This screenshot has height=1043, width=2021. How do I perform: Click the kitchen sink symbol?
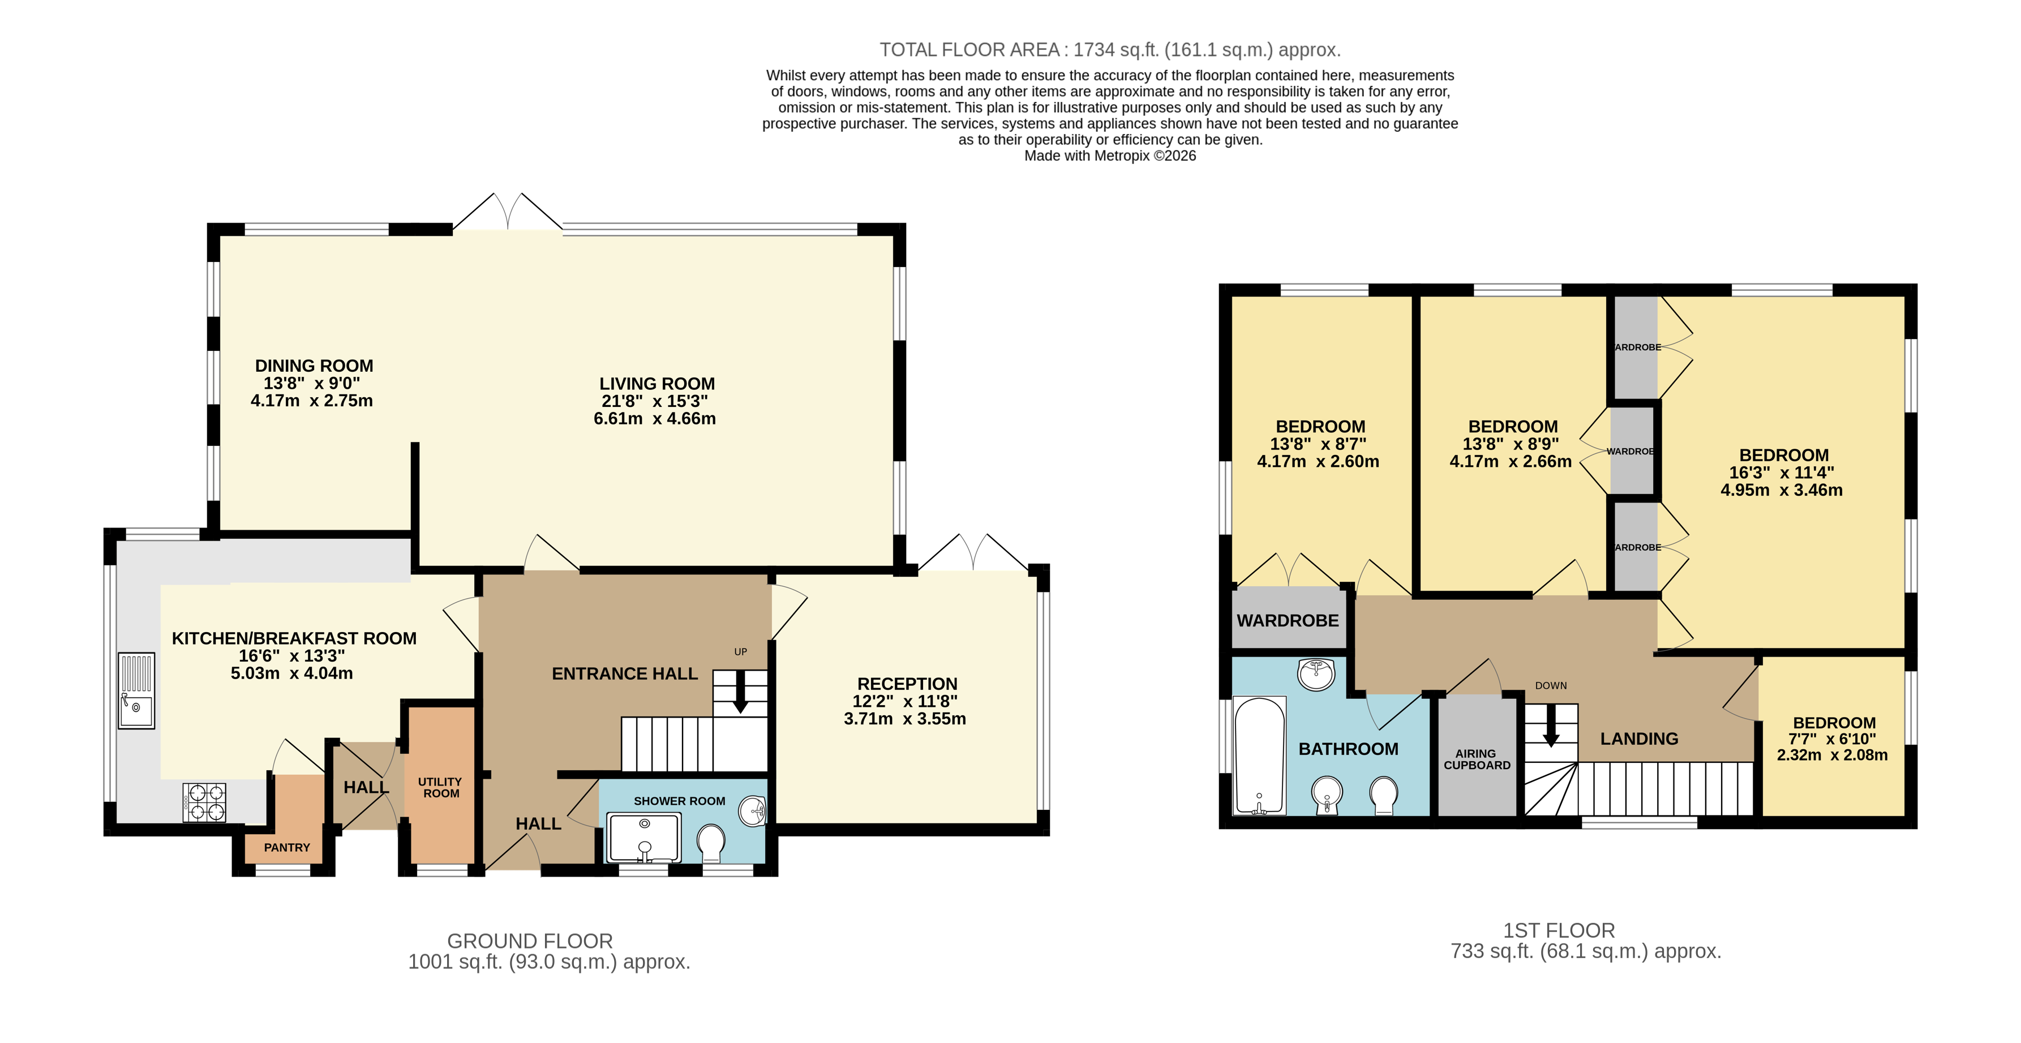(136, 690)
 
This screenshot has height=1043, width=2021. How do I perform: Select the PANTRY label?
(286, 848)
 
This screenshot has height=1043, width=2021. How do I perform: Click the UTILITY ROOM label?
(440, 787)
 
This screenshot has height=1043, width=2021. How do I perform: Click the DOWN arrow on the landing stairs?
(1551, 730)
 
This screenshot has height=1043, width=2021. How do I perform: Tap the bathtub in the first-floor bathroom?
(1260, 755)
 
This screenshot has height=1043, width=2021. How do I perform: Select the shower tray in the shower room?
(644, 838)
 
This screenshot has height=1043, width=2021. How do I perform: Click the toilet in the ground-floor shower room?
(711, 842)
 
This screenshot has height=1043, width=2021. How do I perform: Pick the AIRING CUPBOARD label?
(1477, 759)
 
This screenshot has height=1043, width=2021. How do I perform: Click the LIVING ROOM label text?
(656, 384)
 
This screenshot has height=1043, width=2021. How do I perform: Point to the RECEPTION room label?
(907, 684)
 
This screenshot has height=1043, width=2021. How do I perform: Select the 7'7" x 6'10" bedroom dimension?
(1832, 739)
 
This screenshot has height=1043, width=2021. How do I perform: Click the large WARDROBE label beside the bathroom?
(1288, 621)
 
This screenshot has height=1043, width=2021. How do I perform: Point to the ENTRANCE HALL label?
(624, 673)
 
